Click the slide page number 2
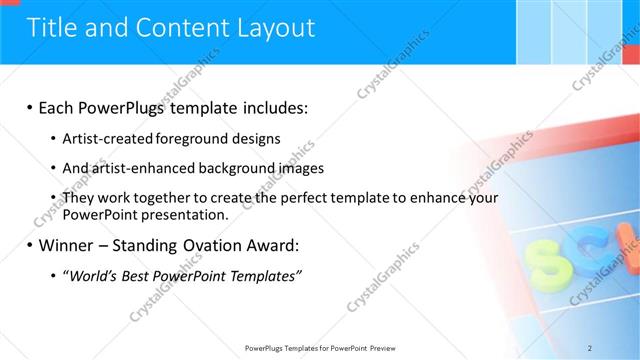(590, 347)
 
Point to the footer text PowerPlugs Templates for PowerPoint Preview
(319, 347)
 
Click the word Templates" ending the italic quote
(266, 276)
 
